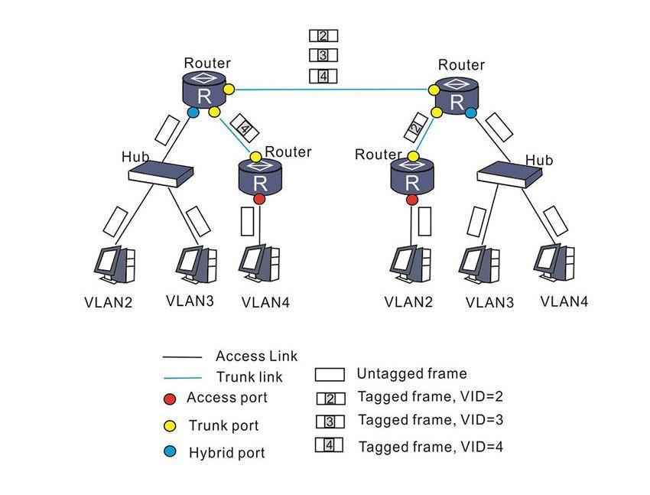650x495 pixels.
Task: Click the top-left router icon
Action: (x=204, y=90)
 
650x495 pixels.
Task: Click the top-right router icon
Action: (x=457, y=96)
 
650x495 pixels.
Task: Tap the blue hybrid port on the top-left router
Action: (x=193, y=112)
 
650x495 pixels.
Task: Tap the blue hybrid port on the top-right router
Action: (x=470, y=112)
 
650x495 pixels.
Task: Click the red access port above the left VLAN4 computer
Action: (x=259, y=199)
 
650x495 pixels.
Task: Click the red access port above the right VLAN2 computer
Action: (x=412, y=200)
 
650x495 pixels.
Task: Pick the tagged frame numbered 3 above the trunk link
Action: (x=323, y=55)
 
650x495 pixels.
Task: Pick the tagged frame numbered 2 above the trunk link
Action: (x=323, y=36)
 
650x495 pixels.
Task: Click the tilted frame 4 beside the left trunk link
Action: (x=245, y=128)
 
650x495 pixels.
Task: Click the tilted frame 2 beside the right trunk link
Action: (x=416, y=126)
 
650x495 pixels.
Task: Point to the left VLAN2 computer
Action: (x=115, y=265)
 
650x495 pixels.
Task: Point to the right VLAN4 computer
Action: (x=554, y=263)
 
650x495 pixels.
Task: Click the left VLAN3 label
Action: (x=190, y=301)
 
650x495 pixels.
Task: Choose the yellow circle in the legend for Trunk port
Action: (x=170, y=426)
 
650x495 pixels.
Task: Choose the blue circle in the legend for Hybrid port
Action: (x=170, y=451)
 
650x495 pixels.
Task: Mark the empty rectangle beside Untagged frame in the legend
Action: (x=330, y=374)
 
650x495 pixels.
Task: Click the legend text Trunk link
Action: (x=249, y=377)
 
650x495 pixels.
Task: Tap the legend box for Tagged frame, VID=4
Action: (x=329, y=445)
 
